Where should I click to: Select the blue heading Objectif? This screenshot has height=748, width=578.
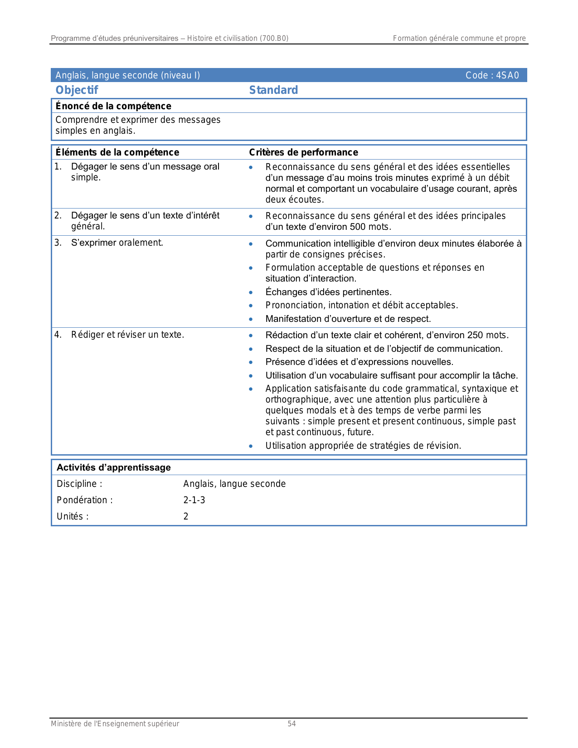[77, 90]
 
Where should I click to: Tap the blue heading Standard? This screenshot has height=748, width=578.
[273, 90]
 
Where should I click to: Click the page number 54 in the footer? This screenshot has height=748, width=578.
[291, 724]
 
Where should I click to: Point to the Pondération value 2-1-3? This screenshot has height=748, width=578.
[194, 500]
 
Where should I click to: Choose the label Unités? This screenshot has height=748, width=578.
[72, 516]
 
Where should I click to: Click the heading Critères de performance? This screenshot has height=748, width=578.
[303, 152]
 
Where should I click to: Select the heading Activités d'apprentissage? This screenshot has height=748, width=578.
[113, 467]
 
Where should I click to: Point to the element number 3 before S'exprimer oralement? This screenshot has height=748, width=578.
[58, 243]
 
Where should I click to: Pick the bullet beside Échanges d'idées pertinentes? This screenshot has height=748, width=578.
[251, 292]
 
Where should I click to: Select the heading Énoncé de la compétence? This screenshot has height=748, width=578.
[113, 106]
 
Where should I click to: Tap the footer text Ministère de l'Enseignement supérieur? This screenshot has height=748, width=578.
[115, 724]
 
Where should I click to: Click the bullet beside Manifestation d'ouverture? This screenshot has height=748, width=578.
[251, 319]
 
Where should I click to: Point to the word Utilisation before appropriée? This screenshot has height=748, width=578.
[286, 446]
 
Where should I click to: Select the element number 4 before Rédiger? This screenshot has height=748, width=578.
[58, 335]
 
